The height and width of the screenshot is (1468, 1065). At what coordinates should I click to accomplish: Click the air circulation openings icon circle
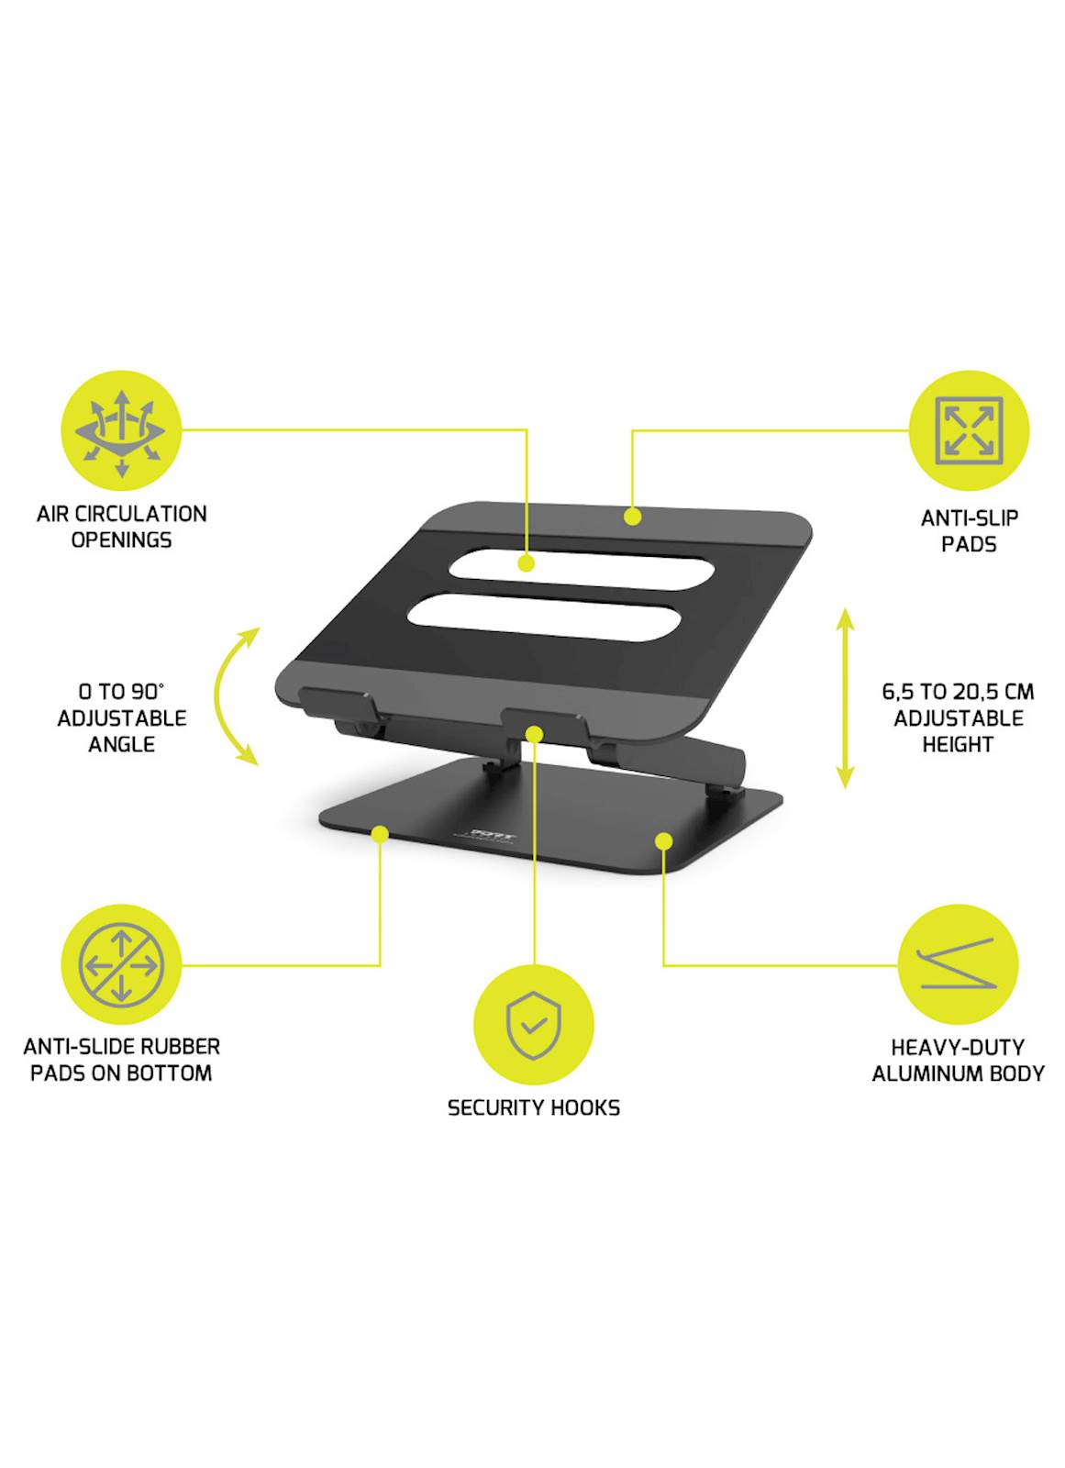(x=121, y=430)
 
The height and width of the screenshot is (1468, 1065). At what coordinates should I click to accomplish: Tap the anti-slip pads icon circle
(x=969, y=430)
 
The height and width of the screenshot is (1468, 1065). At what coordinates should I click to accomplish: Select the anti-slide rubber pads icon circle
(x=121, y=964)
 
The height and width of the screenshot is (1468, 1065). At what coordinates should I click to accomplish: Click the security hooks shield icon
(x=534, y=1025)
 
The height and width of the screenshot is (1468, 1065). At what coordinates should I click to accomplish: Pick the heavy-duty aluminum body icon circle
(x=958, y=964)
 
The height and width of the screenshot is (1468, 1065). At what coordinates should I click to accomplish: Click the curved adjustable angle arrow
(x=217, y=696)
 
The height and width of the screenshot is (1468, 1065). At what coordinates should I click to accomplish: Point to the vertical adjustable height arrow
(x=845, y=698)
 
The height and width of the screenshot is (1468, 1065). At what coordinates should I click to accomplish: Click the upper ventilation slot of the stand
(x=582, y=569)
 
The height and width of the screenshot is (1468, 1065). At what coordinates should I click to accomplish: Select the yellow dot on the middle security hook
(x=534, y=734)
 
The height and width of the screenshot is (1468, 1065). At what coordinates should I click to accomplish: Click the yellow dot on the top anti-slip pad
(x=632, y=517)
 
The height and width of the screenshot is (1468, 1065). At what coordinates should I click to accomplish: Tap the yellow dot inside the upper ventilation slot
(x=526, y=563)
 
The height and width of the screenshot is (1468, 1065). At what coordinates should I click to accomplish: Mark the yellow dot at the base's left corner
(x=380, y=834)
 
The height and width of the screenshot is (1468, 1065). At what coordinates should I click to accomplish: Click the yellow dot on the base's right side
(x=664, y=840)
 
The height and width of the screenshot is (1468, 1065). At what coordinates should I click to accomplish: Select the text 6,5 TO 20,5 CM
(x=958, y=692)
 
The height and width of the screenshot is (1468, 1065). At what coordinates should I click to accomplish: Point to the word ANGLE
(x=121, y=744)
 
